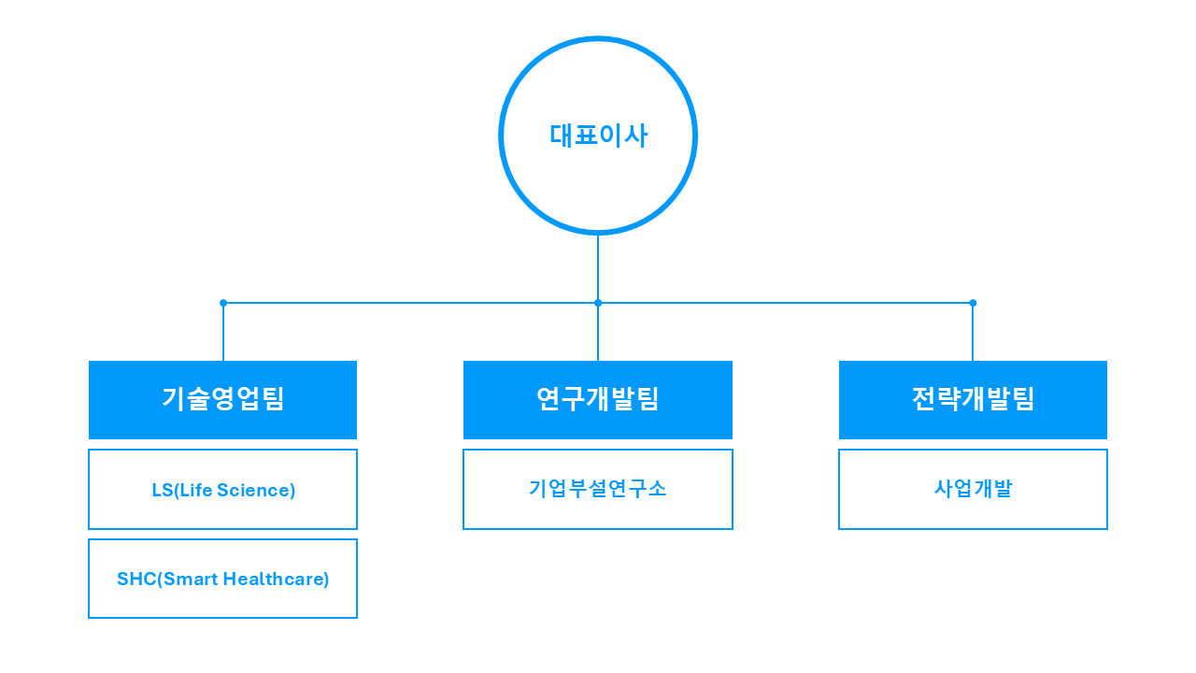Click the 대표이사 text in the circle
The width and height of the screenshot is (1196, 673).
pos(598,136)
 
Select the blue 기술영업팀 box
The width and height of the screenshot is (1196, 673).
pos(222,399)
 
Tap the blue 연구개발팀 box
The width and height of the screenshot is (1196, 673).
pos(598,399)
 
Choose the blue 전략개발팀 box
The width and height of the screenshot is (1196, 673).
pos(973,399)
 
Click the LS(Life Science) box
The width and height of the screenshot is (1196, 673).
pos(222,489)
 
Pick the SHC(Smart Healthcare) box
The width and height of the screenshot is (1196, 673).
pos(222,579)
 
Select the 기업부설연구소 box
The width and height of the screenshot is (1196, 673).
pos(598,489)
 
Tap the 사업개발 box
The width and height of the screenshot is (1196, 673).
pos(973,489)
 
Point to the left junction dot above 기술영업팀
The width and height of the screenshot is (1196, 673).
pos(223,303)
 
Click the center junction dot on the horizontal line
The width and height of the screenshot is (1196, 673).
pos(598,303)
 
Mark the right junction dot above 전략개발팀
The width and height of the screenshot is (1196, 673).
pos(973,303)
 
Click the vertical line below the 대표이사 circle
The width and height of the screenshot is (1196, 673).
pos(598,267)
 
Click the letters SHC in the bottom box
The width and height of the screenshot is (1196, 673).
pos(136,579)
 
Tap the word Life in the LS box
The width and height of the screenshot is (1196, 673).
pos(195,490)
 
